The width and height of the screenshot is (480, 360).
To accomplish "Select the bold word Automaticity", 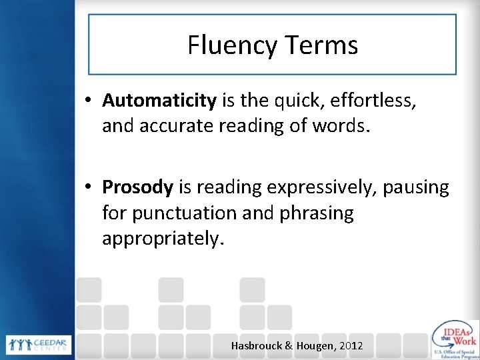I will point(159,101).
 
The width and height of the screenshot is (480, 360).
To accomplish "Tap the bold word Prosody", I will point(137,189).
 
